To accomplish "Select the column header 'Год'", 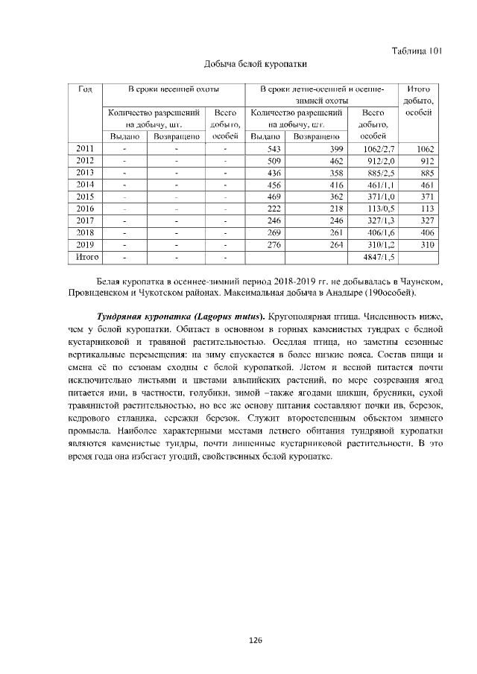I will coord(85,89).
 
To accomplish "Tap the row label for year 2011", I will coord(85,149).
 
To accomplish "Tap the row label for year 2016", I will coord(85,209).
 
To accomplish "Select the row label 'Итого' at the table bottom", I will coord(85,257).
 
